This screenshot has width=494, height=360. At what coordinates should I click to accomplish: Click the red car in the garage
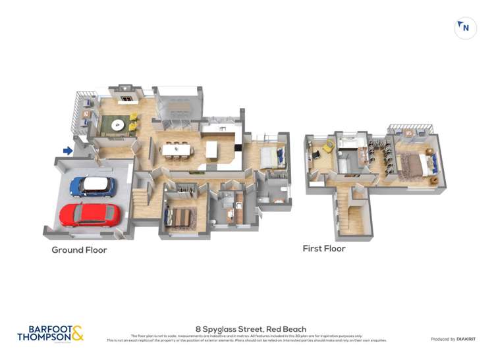(x=90, y=215)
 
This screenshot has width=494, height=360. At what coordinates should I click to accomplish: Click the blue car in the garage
(x=93, y=187)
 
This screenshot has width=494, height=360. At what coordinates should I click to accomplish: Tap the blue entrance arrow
(x=68, y=151)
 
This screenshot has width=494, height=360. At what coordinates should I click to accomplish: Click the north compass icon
(x=466, y=28)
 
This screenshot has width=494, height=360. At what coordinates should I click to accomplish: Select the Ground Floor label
(x=79, y=250)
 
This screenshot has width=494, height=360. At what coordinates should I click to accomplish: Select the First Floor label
(x=323, y=249)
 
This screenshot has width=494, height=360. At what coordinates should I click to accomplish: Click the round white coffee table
(x=117, y=124)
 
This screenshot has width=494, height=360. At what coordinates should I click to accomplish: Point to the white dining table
(x=177, y=150)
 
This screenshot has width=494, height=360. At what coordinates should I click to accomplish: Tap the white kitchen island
(x=211, y=150)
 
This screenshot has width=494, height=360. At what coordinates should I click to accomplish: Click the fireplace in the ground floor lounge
(x=126, y=97)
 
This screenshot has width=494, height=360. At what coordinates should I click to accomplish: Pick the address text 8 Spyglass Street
(x=250, y=329)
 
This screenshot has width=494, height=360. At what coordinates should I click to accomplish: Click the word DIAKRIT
(x=463, y=339)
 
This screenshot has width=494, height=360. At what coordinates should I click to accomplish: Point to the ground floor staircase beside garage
(x=140, y=197)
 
